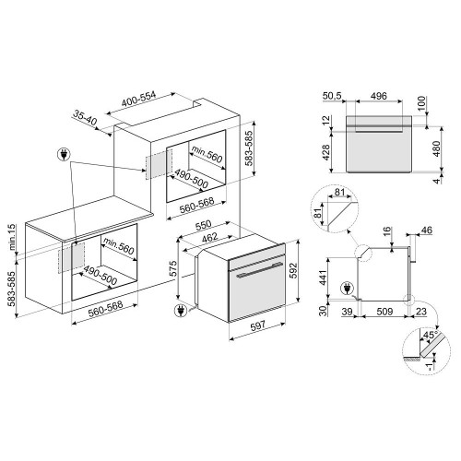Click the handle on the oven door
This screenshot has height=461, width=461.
254,273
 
